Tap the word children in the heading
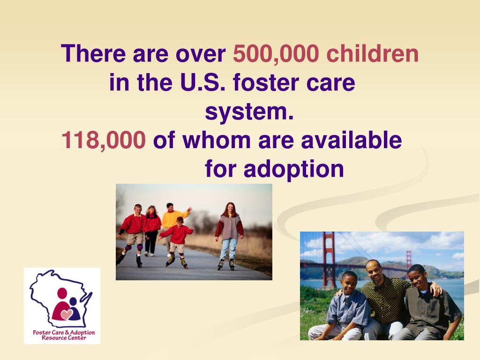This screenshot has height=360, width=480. pyautogui.click(x=372, y=54)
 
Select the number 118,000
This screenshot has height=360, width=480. pyautogui.click(x=104, y=140)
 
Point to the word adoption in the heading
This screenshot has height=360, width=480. pyautogui.click(x=293, y=169)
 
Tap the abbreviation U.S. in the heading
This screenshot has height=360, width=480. pyautogui.click(x=202, y=83)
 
